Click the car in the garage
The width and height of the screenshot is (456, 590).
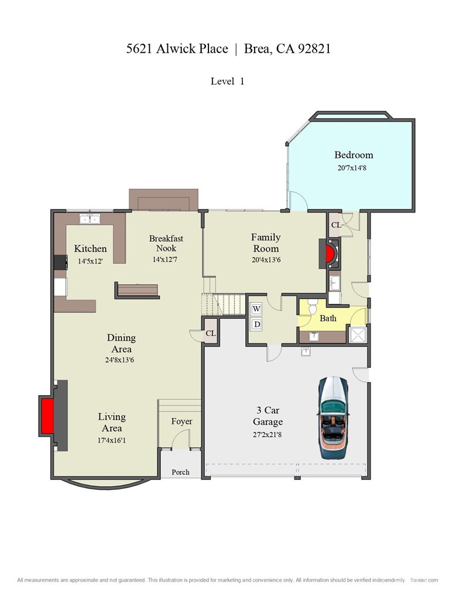[333, 417]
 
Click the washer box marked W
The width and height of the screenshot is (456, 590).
[256, 308]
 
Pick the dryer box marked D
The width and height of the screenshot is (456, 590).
[256, 324]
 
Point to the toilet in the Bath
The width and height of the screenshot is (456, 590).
[313, 306]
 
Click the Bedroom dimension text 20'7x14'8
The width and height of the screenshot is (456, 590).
[354, 168]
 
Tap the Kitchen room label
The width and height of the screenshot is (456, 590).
[90, 249]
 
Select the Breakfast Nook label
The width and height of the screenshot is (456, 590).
[166, 243]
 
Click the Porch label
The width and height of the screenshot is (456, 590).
[180, 472]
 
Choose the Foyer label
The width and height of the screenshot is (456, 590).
[181, 421]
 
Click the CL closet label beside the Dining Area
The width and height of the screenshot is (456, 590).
[210, 334]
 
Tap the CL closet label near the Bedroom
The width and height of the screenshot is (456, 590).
[336, 225]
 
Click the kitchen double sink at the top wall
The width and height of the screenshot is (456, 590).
[90, 219]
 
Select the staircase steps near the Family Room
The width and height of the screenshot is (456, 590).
[224, 304]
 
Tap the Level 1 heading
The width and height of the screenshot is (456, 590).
[227, 81]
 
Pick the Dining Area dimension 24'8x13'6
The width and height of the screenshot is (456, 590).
[121, 361]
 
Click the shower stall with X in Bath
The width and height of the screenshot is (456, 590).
[356, 334]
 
